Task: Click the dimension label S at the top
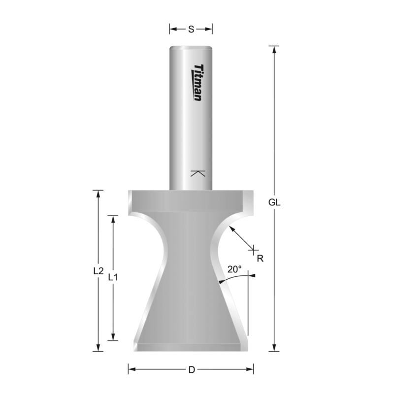191,29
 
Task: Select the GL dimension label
275,202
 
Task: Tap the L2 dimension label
98,271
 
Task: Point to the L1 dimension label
113,277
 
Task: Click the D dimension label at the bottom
191,369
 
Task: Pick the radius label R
261,258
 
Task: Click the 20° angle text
234,269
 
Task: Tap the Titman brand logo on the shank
196,82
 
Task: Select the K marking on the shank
197,173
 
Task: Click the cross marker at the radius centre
254,249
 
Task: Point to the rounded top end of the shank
191,48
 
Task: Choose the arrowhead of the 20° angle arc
221,282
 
